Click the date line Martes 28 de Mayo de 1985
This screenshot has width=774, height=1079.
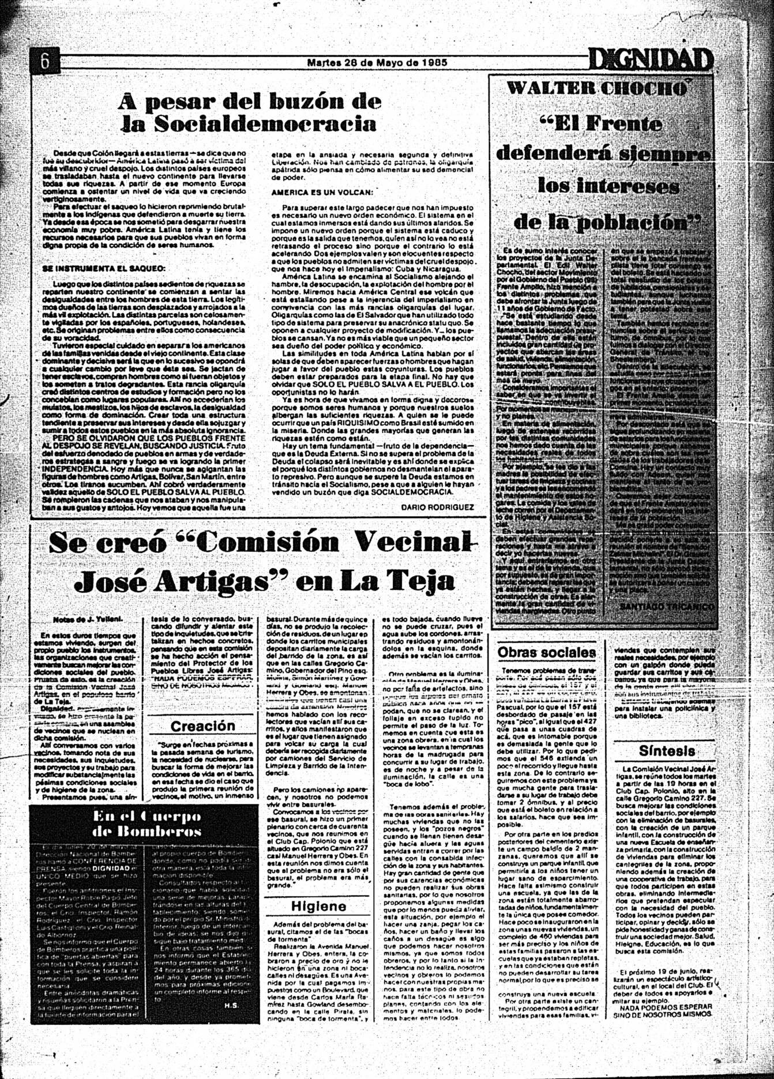coord(377,63)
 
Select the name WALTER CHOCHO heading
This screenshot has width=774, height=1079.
coord(597,88)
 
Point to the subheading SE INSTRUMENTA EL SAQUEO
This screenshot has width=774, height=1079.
coord(104,268)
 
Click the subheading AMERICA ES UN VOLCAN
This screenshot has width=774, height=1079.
coord(322,191)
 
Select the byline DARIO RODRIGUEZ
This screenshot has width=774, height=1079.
coord(437,507)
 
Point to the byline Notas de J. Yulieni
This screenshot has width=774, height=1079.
coord(88,620)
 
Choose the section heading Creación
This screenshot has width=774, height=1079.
coord(202,726)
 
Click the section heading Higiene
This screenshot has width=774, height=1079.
coord(318,905)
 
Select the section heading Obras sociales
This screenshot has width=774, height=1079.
coord(547,652)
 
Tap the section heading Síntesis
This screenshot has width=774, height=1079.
coord(667,751)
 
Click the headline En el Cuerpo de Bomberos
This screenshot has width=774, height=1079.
coord(146,824)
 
